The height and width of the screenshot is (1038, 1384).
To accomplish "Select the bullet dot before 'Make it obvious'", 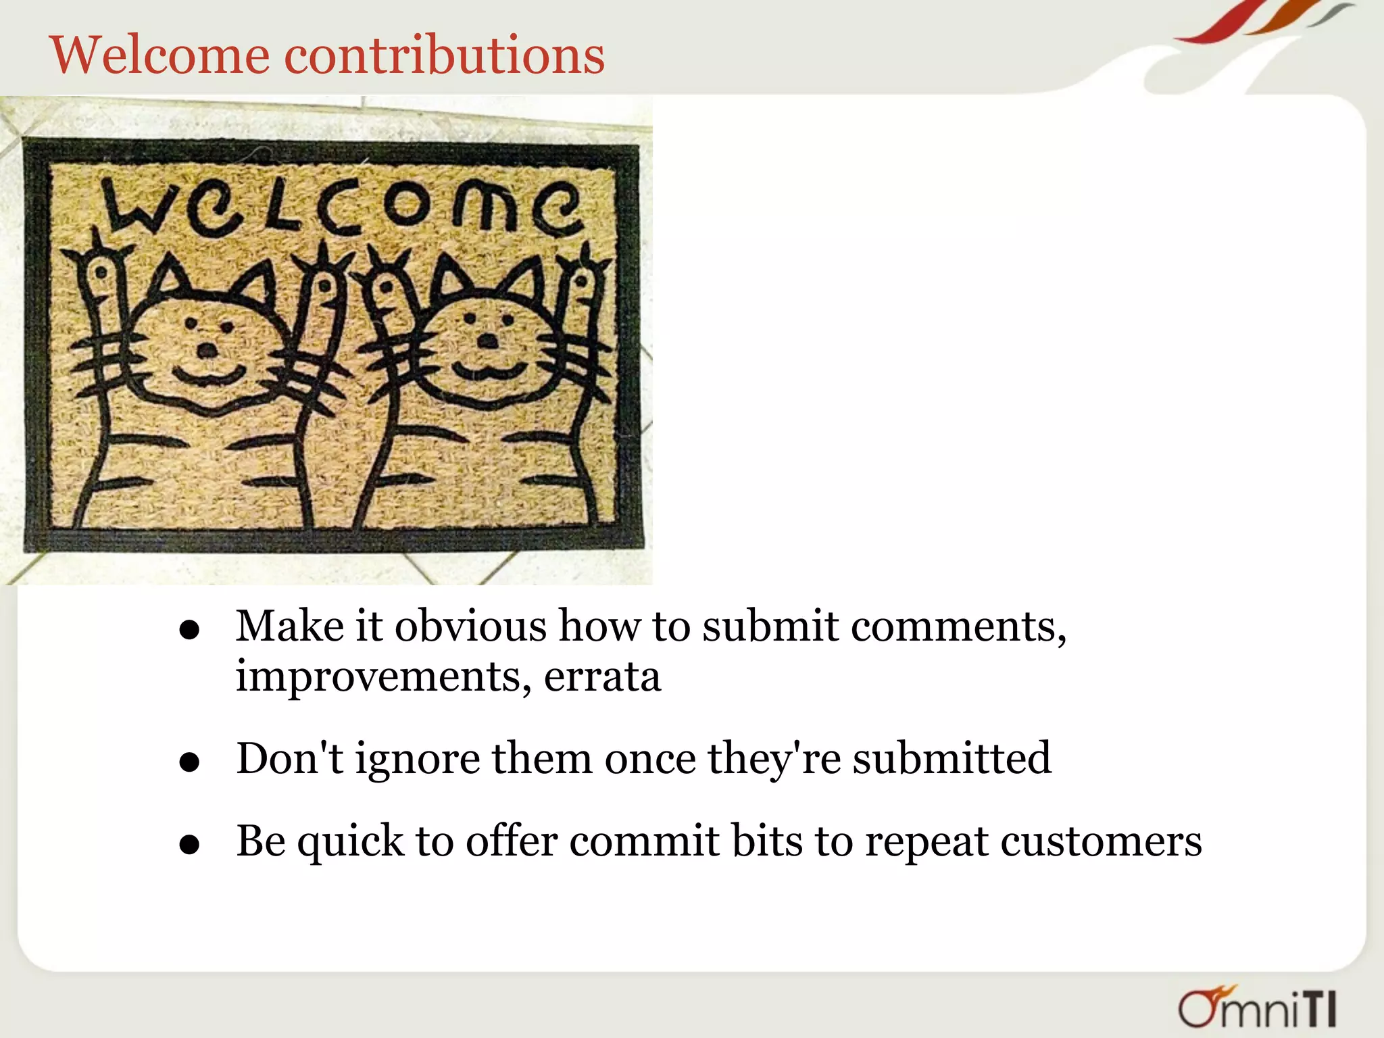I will click(x=190, y=630).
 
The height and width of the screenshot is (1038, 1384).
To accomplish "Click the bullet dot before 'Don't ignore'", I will click(x=190, y=762).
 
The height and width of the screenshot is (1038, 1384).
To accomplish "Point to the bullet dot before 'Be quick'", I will click(x=190, y=845).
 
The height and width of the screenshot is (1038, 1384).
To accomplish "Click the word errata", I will click(x=602, y=676).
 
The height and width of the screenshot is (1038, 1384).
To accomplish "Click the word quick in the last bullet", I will click(x=351, y=842).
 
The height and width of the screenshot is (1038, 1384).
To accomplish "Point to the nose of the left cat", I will click(x=207, y=350).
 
